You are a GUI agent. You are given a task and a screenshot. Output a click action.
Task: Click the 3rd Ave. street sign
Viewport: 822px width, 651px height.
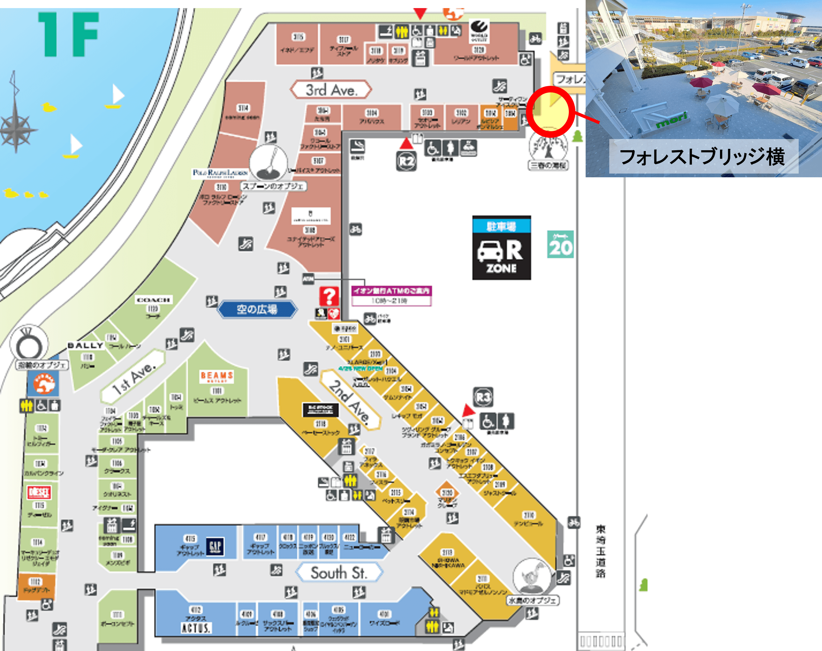(x=331, y=90)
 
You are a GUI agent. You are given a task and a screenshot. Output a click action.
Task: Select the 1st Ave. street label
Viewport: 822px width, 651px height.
(x=133, y=377)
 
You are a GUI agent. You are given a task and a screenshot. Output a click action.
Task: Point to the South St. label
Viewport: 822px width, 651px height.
(x=339, y=573)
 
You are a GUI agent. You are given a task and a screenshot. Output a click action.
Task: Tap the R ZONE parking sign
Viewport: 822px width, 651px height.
(x=502, y=248)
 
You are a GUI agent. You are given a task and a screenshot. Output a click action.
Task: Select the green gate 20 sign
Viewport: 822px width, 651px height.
(x=560, y=244)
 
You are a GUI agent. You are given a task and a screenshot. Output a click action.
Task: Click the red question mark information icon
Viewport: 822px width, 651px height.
(x=329, y=296)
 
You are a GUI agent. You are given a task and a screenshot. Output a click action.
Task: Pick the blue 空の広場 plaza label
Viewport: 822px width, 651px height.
(x=257, y=309)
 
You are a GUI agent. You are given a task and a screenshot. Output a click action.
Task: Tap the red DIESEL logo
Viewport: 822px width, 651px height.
(x=39, y=492)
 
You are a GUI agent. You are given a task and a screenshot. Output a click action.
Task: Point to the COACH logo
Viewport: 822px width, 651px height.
(x=153, y=300)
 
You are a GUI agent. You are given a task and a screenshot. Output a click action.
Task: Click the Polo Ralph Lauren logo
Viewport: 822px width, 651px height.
(x=220, y=173)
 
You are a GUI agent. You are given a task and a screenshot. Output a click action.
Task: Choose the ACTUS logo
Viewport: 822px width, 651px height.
(x=196, y=627)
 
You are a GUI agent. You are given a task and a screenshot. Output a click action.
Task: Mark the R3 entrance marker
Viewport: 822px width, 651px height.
(x=483, y=398)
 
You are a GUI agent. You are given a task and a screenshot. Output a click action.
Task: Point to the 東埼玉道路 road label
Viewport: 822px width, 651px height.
(x=601, y=551)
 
